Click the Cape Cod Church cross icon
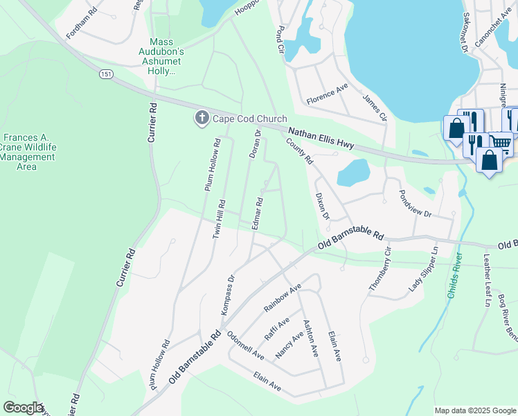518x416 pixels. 202,118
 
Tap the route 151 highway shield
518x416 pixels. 105,74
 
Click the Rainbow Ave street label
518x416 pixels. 283,297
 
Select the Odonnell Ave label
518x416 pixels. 244,345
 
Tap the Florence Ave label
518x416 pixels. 328,95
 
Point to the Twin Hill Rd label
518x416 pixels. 219,219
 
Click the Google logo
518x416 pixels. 23,408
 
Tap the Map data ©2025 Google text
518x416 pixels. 474,410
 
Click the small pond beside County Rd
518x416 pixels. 354,172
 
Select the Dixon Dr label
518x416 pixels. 321,207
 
